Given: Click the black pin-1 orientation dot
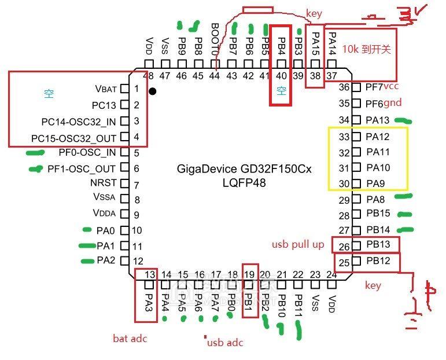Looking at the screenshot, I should coord(152,91).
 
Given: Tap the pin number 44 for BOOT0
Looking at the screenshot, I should coord(215,76).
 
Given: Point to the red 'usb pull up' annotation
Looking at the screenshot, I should coord(298,245).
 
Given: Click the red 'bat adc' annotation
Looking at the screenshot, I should coord(130,339).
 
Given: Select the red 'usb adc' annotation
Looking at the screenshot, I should coord(225,343).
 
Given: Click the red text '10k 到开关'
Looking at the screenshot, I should coord(366,49).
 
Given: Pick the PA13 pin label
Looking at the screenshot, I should coord(378,120).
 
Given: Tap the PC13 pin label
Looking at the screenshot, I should coord(104,105).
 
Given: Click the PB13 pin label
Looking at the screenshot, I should coord(378,245).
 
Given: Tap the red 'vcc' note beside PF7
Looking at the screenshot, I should coord(391,86).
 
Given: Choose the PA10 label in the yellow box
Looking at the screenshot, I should coord(378,168).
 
